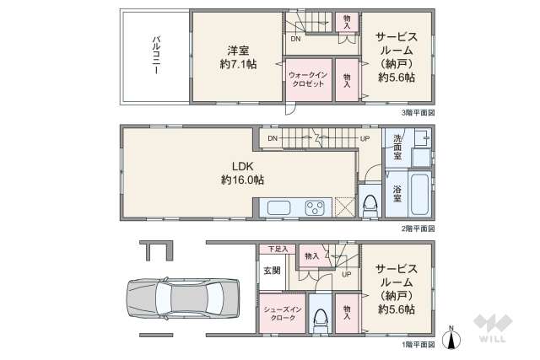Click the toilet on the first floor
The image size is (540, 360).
point(320,317)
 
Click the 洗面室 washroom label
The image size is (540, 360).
point(397,149)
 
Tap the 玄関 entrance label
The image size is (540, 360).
point(272,270)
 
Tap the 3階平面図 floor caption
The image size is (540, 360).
point(418,111)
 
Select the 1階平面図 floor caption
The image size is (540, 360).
point(418,345)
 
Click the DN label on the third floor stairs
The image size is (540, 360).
point(295,39)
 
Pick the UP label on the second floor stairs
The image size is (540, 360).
point(364,139)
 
